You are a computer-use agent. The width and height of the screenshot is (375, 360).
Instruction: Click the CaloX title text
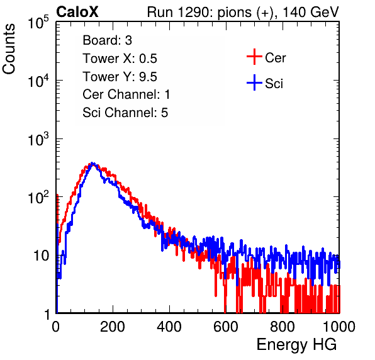coord(77,11)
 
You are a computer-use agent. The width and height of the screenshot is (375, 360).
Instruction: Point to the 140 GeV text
coord(311,12)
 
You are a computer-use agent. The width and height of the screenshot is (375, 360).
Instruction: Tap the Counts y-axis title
coord(9,49)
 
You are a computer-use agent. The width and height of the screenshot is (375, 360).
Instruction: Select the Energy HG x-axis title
coord(296,344)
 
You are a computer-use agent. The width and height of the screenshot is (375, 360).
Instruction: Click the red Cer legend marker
coord(254,57)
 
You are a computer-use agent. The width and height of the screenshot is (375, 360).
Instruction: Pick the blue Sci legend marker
coord(254,82)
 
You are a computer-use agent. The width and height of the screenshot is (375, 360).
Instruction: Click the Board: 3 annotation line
coord(107,40)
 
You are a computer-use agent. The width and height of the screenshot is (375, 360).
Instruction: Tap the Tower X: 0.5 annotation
coord(120,59)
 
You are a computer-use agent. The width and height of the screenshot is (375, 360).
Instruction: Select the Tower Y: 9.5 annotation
coord(120,77)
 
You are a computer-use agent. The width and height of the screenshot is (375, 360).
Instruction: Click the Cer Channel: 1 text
coord(126,94)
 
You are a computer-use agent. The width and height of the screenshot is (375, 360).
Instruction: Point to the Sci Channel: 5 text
coord(125,113)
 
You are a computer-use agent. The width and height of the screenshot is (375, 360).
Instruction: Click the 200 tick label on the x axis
coord(113,327)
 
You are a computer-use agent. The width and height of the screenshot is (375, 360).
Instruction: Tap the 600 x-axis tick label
coord(226,327)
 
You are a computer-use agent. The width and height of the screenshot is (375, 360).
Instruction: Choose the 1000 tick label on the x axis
coord(339,327)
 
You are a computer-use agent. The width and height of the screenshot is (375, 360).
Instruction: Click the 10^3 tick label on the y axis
coord(38,139)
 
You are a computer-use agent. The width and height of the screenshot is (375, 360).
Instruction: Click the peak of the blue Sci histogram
coord(92,164)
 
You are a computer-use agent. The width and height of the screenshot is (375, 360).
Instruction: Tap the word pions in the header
coord(234,13)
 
